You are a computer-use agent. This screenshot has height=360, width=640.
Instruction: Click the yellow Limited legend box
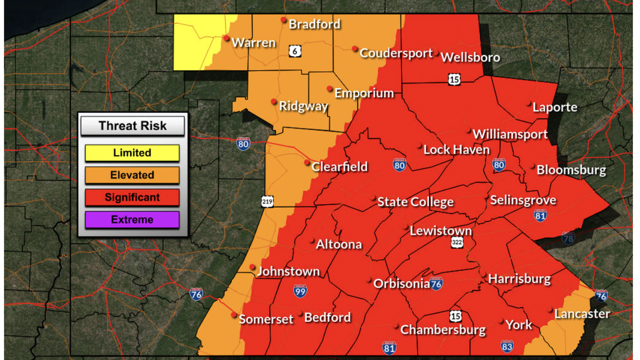(x=132, y=153)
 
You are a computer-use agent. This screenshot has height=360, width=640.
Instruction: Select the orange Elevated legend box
(x=132, y=175)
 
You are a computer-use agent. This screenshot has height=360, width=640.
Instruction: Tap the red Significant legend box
(x=132, y=198)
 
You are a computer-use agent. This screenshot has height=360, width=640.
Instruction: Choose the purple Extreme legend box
(x=132, y=220)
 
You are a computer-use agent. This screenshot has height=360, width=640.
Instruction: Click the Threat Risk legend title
(x=132, y=126)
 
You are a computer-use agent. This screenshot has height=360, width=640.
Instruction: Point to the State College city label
(x=415, y=202)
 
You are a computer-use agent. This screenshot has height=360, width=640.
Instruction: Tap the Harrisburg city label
(x=519, y=278)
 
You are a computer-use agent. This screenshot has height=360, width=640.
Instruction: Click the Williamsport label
(x=510, y=134)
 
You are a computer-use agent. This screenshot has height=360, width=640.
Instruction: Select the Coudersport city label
(x=396, y=53)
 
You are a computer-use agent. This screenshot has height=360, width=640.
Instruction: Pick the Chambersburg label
(x=442, y=329)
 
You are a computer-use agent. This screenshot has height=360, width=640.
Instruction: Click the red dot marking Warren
(x=226, y=38)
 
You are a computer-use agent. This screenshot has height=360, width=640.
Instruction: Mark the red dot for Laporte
(x=529, y=104)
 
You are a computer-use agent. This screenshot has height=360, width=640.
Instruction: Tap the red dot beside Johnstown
(x=253, y=267)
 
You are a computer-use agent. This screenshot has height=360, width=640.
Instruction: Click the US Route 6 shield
(x=295, y=51)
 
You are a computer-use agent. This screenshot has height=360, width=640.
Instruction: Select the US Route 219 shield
(x=267, y=201)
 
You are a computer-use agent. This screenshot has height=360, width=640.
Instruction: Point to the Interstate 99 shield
(x=300, y=290)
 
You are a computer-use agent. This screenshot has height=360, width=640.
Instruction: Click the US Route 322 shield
(x=457, y=243)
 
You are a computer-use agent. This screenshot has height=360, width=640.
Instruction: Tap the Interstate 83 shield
(x=506, y=347)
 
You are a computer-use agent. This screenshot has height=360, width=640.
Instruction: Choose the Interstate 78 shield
(x=568, y=238)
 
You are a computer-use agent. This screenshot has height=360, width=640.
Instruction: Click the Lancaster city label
(x=582, y=313)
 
